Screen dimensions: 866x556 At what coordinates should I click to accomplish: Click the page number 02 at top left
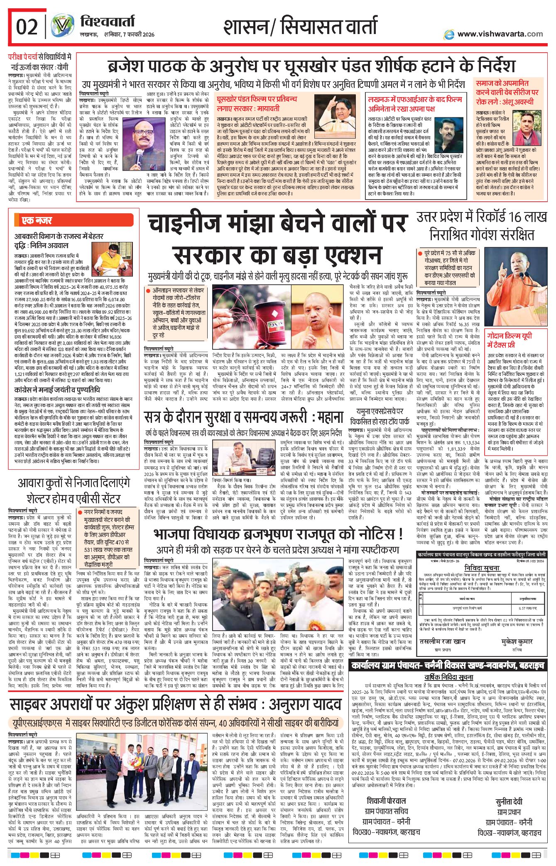[27, 27]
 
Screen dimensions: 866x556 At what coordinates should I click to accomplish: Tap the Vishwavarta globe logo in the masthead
[63, 26]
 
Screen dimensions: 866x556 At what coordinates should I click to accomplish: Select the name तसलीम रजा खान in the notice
[442, 642]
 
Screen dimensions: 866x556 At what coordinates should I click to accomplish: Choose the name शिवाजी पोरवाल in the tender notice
[386, 801]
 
